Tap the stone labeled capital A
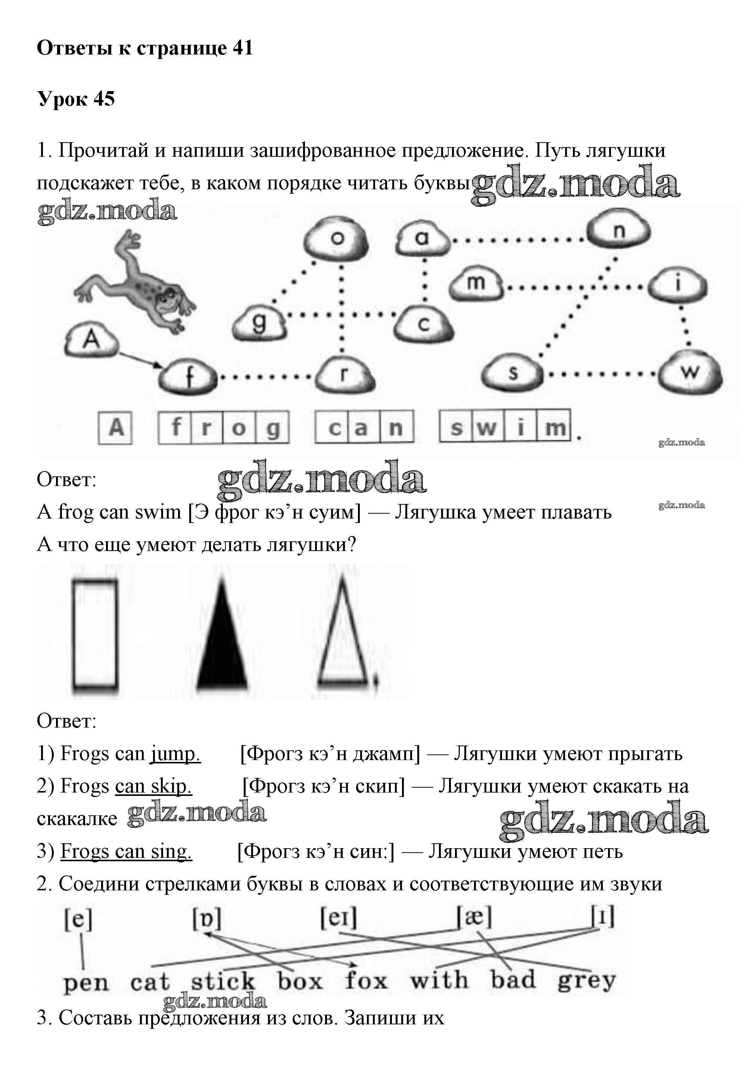tap(91, 339)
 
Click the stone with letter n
tap(619, 231)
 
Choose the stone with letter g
tap(259, 323)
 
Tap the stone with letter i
tap(678, 284)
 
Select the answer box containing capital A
tap(116, 427)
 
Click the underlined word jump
tap(175, 754)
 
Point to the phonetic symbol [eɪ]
tap(339, 918)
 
